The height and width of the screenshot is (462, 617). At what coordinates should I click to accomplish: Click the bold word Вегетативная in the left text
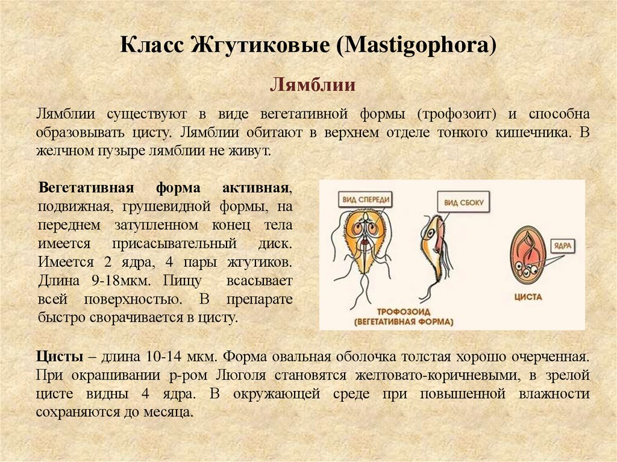pos(85,187)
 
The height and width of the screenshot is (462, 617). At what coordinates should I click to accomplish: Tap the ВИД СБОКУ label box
pos(465,203)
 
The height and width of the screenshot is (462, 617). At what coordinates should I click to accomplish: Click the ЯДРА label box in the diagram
pos(565,246)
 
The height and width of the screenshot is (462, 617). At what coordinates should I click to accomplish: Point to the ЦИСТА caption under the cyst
pos(528,297)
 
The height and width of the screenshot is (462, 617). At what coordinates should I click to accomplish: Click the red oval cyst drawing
pos(527,256)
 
